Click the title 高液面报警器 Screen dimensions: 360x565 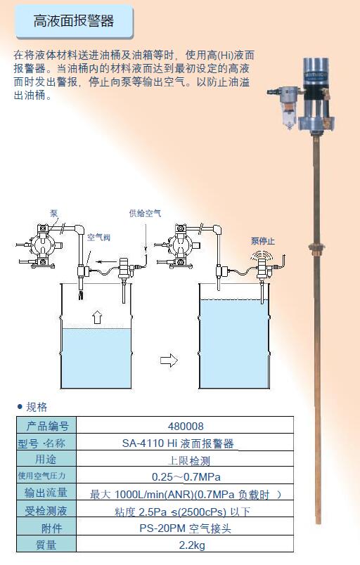(x=74, y=21)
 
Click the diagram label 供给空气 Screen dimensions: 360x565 (x=145, y=214)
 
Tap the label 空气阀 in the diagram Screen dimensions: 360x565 (x=98, y=237)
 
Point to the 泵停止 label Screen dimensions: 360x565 (x=263, y=241)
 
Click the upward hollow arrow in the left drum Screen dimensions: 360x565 (x=97, y=316)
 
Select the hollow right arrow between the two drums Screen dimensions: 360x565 (x=169, y=360)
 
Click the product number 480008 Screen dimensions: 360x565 (x=186, y=427)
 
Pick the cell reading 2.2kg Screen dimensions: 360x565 (x=192, y=545)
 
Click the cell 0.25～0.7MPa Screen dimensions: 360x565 (x=186, y=477)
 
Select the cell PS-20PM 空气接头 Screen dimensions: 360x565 (x=185, y=528)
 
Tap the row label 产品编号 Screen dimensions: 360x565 (x=47, y=427)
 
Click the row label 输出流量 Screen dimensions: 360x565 (x=46, y=493)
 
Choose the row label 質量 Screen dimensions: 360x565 (x=46, y=545)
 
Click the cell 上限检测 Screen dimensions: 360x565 (x=189, y=460)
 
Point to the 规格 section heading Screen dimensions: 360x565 (x=37, y=407)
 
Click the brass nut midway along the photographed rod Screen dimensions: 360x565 (x=316, y=247)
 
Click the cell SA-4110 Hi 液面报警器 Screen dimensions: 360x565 (x=178, y=443)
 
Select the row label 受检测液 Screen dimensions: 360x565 (x=46, y=511)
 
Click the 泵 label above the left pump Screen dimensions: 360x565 (x=53, y=214)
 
